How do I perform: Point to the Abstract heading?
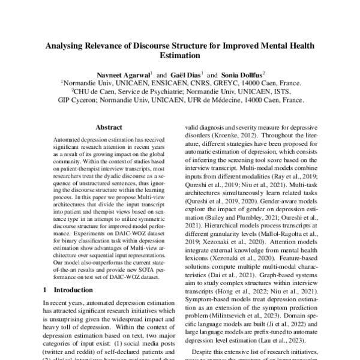(x=109, y=128)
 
